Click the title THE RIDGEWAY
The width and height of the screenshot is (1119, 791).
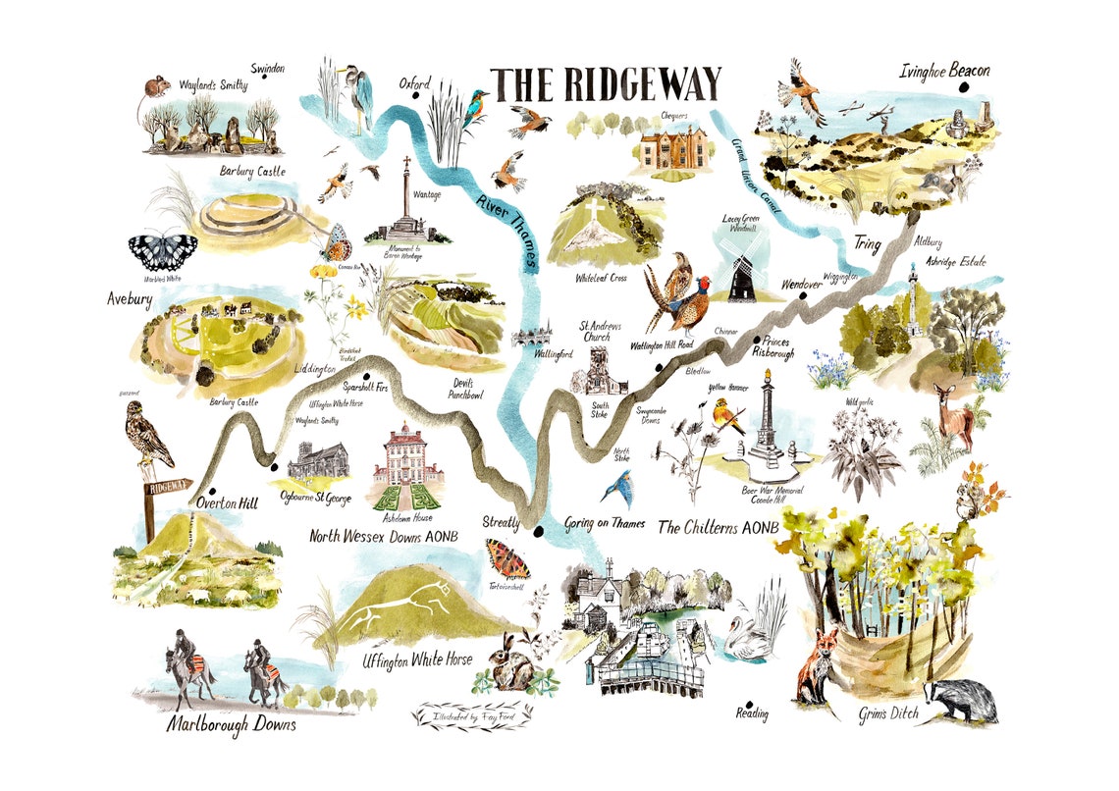[606, 84]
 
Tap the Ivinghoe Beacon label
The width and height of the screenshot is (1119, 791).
[945, 72]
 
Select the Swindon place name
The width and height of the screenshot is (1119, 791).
[267, 70]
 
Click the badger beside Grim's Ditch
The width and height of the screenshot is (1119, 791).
[960, 700]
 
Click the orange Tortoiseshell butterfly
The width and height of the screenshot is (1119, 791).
[506, 558]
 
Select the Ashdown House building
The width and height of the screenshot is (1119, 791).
[402, 467]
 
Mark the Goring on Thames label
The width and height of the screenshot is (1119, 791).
[605, 524]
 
